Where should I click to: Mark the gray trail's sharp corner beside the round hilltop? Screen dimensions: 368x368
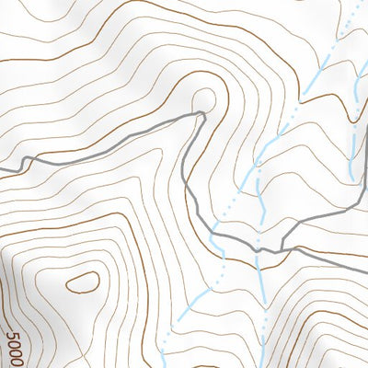[x=201, y=113]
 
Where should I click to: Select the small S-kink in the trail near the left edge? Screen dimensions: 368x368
[x=26, y=163]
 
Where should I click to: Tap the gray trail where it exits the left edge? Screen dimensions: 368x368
[x=2, y=169]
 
